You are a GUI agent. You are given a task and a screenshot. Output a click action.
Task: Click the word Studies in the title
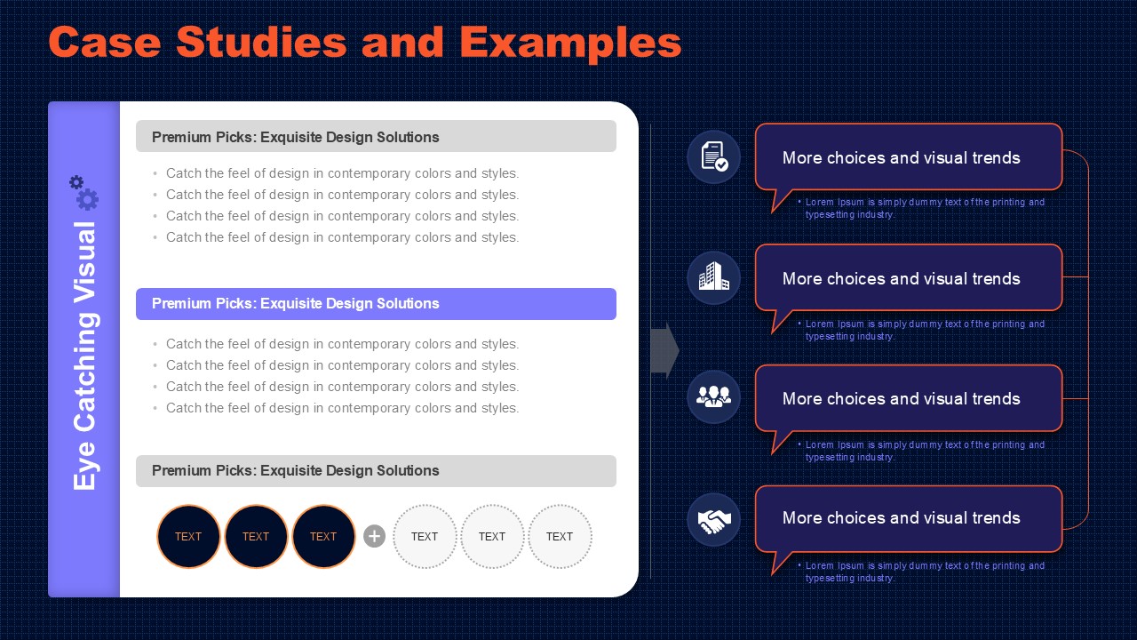[x=261, y=42]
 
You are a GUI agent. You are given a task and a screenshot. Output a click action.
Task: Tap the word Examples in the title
[x=570, y=44]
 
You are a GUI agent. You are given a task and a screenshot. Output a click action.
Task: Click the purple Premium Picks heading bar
[x=376, y=304]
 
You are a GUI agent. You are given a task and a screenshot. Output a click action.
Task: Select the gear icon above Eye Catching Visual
[x=84, y=193]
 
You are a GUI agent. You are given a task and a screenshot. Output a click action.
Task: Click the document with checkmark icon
[x=713, y=156]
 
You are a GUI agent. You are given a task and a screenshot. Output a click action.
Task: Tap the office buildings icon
[x=713, y=277]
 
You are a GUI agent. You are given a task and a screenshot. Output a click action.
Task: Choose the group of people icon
[x=713, y=396]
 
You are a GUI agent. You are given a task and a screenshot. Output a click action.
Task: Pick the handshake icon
[x=713, y=520]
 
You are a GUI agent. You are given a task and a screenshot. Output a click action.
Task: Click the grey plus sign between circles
[x=375, y=536]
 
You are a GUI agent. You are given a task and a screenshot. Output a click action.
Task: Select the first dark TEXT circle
[x=188, y=536]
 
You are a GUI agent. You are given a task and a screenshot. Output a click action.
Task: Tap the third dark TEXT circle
[x=323, y=536]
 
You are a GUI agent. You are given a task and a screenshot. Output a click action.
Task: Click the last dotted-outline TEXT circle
[x=560, y=536]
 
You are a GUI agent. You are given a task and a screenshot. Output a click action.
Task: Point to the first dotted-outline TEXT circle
[x=425, y=536]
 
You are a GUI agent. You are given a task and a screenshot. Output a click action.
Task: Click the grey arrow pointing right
[x=665, y=350]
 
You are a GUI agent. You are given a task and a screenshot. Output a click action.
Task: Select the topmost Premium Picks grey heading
[x=376, y=136]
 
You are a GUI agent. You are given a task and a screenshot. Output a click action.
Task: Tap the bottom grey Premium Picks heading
[x=376, y=471]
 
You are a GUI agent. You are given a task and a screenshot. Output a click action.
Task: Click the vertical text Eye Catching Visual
[x=84, y=356]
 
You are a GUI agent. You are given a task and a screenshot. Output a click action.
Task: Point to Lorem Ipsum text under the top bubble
[x=921, y=208]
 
